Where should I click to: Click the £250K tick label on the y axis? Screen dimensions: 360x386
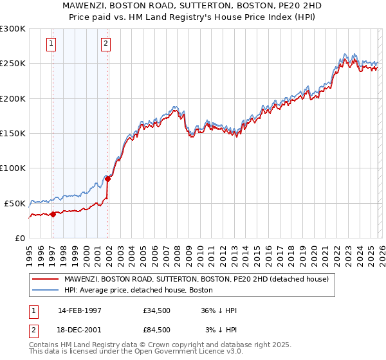point(13,64)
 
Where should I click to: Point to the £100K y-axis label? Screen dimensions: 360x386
point(13,168)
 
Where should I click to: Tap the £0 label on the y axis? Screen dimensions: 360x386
point(21,238)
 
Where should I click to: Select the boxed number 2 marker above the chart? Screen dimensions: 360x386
point(106,44)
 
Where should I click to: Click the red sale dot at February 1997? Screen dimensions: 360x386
point(53,214)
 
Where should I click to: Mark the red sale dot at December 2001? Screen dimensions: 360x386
point(107,179)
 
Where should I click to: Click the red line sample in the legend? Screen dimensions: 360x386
point(45,279)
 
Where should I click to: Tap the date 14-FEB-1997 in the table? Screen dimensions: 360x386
point(79,310)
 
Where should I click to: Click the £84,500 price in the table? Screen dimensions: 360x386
point(157,329)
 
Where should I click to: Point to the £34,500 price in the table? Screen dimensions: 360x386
point(157,310)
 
